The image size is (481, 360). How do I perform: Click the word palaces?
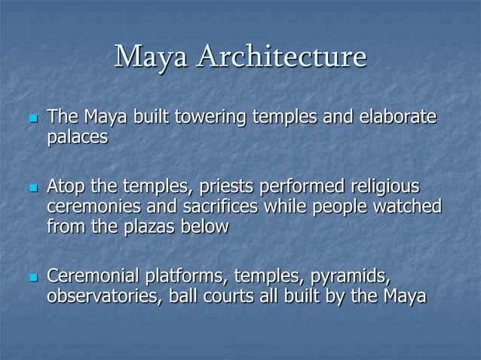(78, 139)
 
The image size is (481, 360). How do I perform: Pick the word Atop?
(66, 186)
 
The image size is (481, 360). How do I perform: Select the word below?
(201, 226)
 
